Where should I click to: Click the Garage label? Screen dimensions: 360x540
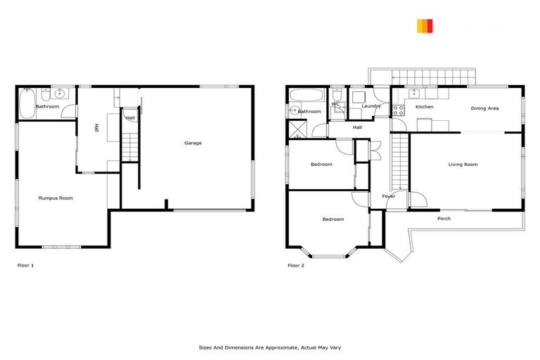(193, 143)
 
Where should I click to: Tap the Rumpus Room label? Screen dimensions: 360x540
(56, 198)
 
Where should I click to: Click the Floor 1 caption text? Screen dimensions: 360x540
(25, 266)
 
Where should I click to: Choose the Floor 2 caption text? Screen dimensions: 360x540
(296, 266)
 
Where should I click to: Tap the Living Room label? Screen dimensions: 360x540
(463, 165)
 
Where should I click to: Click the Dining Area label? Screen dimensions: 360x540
(484, 108)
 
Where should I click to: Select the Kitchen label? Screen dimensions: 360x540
(424, 107)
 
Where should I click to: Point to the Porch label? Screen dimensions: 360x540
(444, 219)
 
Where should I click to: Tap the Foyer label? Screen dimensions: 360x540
(389, 196)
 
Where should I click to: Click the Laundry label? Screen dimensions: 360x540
(371, 107)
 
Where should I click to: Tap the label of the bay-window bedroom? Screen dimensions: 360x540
(333, 219)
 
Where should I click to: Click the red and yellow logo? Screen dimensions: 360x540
(425, 26)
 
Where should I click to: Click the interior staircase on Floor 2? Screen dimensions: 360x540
(399, 162)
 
